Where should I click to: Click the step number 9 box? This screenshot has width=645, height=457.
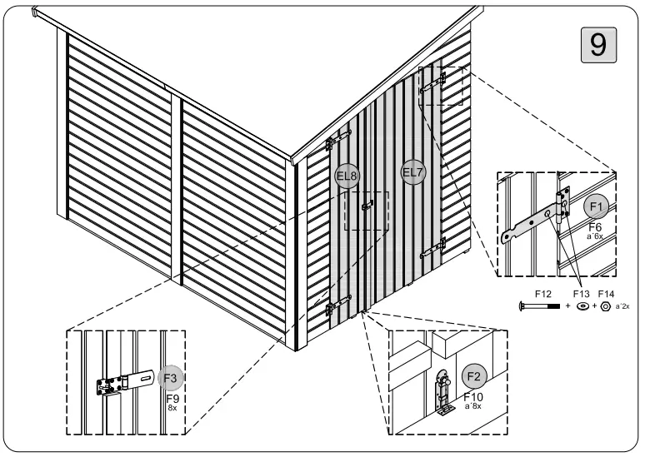pos(597,42)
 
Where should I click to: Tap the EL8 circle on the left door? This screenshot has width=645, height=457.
pos(347,175)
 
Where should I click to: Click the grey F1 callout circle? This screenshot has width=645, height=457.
pos(596,206)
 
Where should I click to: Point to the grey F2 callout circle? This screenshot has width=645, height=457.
pos(474,375)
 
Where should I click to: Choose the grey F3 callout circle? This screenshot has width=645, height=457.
pos(170,377)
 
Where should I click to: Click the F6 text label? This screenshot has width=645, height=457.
pos(595,226)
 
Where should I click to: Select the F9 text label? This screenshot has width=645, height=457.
pos(171,399)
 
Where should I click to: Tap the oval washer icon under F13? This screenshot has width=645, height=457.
pos(581,307)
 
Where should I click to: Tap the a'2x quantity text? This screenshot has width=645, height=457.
pos(622,307)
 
